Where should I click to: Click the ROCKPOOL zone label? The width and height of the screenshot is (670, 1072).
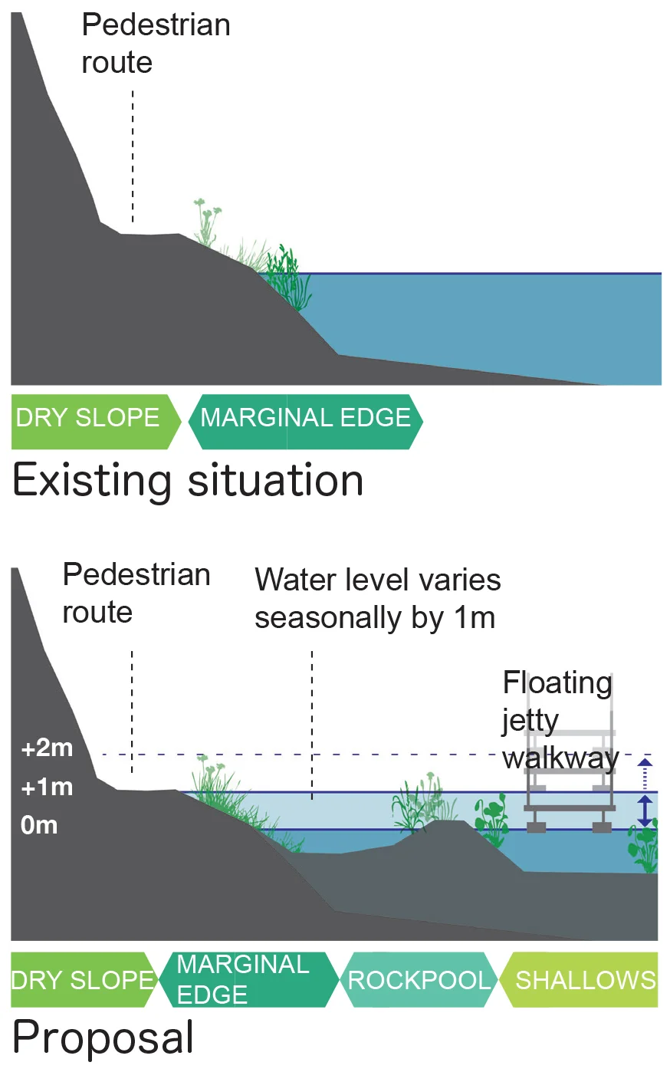419,980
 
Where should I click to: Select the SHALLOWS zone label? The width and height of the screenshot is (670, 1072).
585,980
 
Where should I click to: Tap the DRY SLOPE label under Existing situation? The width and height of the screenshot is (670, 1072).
87,418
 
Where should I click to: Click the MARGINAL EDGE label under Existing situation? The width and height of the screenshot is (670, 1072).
305,418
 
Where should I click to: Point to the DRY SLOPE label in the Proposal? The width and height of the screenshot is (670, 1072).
82,980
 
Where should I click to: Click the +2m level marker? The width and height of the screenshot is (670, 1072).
47,748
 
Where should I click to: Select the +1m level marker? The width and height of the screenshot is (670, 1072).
47,787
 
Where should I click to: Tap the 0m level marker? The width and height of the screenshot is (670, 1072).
39,825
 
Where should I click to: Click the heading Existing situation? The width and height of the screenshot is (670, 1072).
188,481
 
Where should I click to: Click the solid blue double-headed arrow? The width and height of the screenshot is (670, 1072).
645,811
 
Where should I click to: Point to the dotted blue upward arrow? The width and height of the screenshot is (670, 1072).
645,772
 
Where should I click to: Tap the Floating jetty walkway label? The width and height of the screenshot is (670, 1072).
559,719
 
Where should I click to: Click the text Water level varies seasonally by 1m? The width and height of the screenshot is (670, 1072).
377,599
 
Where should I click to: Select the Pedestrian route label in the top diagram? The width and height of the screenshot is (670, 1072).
156,44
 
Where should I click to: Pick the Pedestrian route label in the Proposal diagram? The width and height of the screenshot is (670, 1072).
136,593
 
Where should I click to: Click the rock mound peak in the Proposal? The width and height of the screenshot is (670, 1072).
443,824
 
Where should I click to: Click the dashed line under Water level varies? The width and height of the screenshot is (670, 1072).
312,725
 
